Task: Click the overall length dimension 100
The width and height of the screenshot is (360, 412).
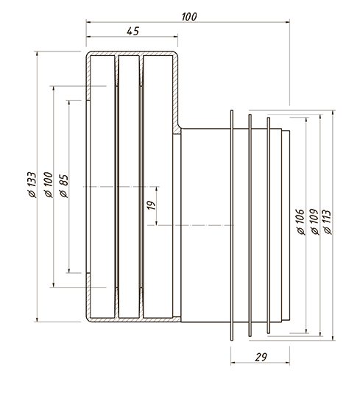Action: [189, 17]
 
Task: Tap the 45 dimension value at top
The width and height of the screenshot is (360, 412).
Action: [133, 31]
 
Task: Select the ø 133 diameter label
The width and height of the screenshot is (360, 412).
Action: [32, 185]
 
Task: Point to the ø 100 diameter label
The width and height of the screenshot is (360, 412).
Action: [49, 185]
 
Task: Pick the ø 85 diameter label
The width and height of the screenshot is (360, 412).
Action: [64, 186]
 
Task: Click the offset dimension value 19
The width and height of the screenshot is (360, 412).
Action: [151, 205]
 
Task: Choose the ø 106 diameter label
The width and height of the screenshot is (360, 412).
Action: [300, 222]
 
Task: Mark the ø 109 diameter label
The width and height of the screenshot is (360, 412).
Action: [314, 222]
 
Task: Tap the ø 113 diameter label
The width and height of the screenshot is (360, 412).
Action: [328, 222]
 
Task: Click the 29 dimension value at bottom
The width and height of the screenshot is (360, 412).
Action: [261, 357]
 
